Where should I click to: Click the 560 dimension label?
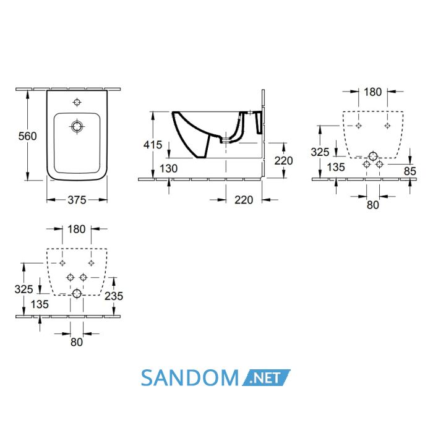point(27,136)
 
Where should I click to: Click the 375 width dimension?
point(77,200)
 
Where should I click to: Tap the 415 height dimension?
point(153,145)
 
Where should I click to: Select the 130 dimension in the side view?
point(168,168)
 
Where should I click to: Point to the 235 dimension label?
point(114,296)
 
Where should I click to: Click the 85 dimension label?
point(409,171)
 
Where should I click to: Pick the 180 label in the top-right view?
point(372,92)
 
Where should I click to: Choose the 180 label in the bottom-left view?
point(77,229)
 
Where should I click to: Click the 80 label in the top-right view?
point(373,205)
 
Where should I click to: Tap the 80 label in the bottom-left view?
point(77,342)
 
